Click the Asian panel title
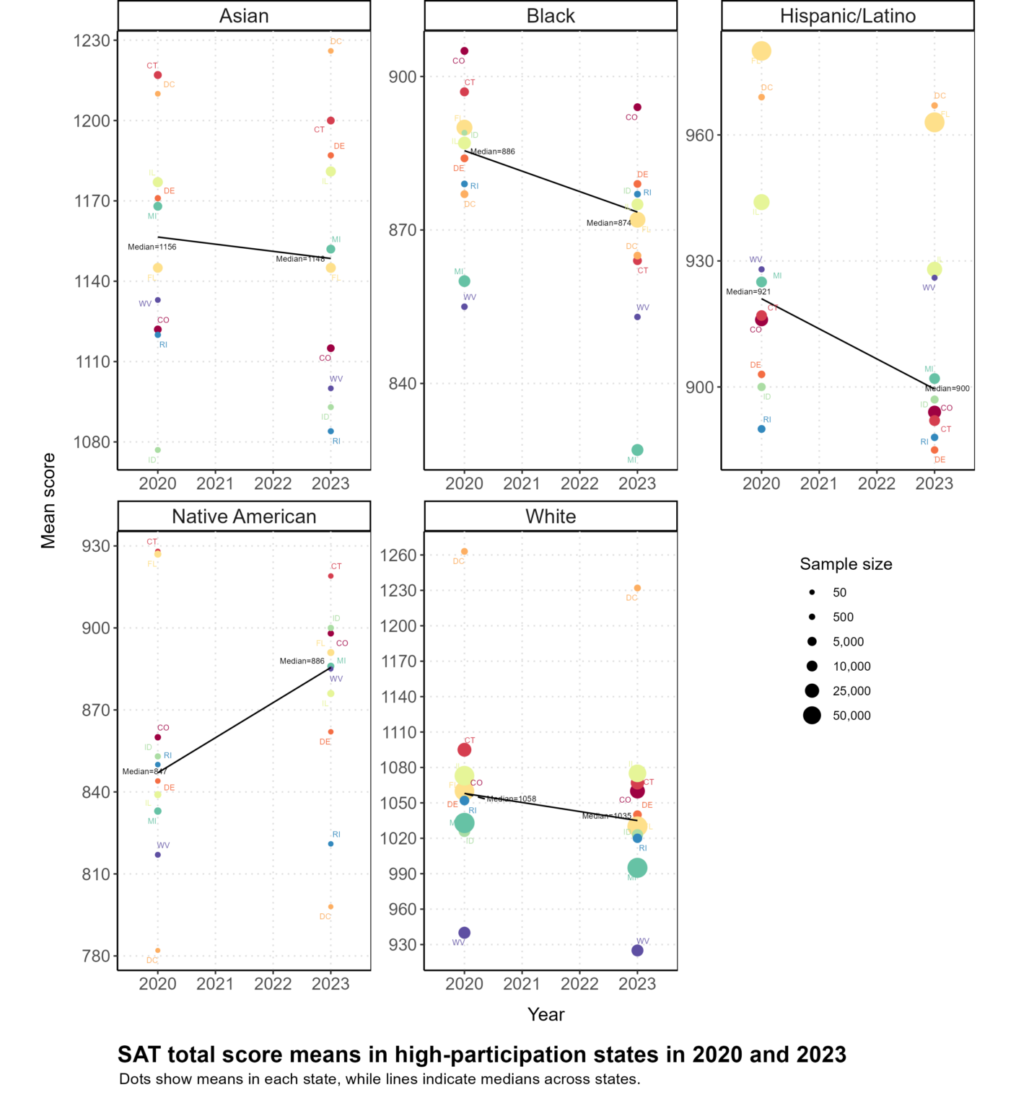coord(244,16)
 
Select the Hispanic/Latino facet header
coord(847,16)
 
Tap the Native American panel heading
coord(244,516)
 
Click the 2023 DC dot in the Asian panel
coord(330,51)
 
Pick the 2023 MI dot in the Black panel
coord(637,450)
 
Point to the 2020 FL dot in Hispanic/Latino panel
coord(761,51)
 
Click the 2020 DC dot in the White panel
coord(464,552)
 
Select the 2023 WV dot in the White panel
coord(637,951)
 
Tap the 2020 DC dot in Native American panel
coord(157,951)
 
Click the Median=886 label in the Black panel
coord(493,151)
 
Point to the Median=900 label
coord(947,389)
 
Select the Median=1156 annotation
coord(152,247)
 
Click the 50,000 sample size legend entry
coord(851,716)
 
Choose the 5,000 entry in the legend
coord(848,642)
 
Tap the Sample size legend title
coord(846,564)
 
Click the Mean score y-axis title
coord(48,501)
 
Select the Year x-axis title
coord(546,1014)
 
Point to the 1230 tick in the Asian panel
coord(92,40)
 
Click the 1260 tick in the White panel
coord(398,555)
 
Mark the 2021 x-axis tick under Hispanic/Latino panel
coord(819,484)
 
